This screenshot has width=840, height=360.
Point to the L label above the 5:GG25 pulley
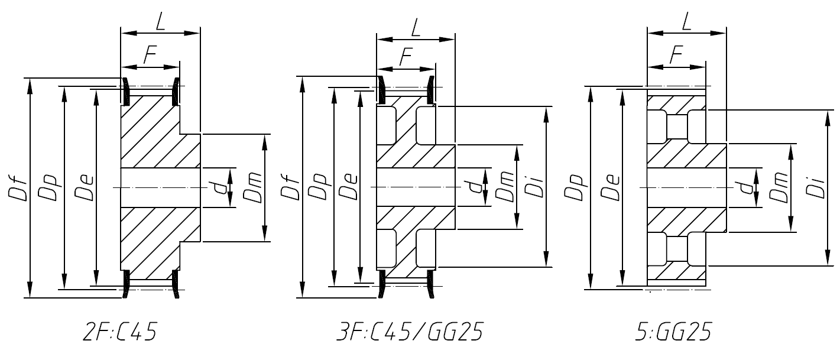click(687, 22)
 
